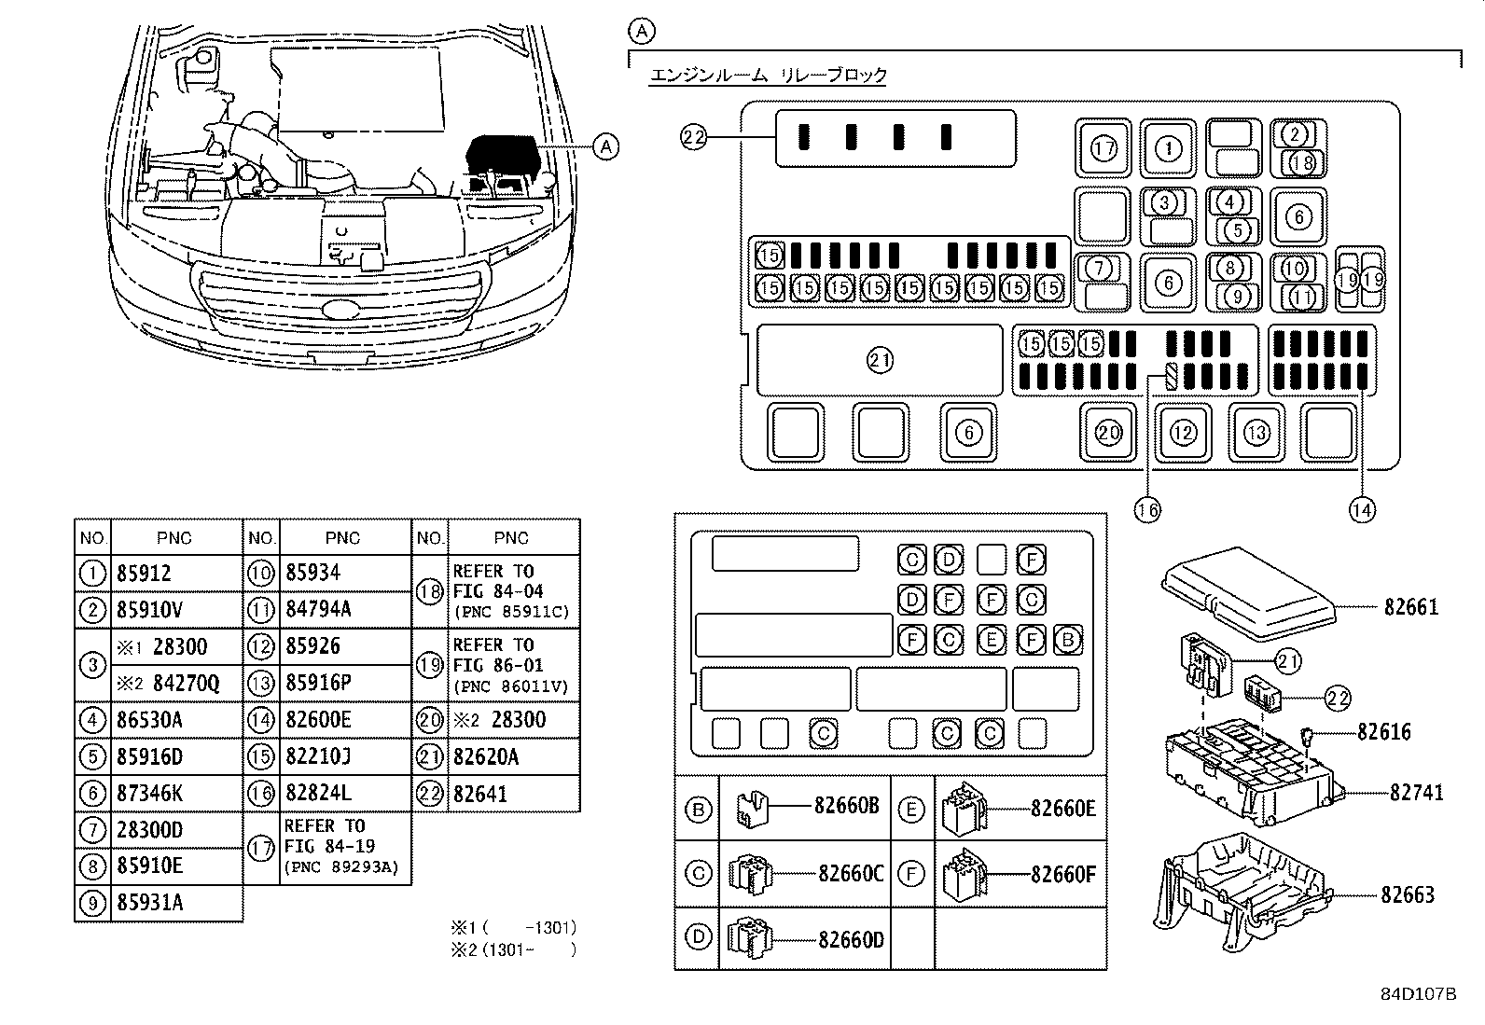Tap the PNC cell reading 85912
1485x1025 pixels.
pyautogui.click(x=145, y=574)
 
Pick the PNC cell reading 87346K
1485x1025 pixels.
pyautogui.click(x=149, y=794)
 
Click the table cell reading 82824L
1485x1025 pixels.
pyautogui.click(x=318, y=794)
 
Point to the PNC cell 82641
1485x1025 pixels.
pyautogui.click(x=480, y=794)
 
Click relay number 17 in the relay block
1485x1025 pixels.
pyautogui.click(x=1103, y=148)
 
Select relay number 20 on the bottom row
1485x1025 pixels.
pyautogui.click(x=1108, y=433)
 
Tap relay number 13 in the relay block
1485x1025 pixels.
pyautogui.click(x=1256, y=433)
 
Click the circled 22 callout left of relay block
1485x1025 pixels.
pyautogui.click(x=693, y=138)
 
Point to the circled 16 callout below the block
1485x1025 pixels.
pyautogui.click(x=1147, y=509)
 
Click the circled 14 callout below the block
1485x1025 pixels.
pyautogui.click(x=1362, y=509)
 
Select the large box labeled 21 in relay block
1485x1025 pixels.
pyautogui.click(x=880, y=360)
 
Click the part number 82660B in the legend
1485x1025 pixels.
pyautogui.click(x=846, y=807)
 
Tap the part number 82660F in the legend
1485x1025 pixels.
pyautogui.click(x=1062, y=874)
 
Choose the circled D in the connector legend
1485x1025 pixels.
pyautogui.click(x=698, y=937)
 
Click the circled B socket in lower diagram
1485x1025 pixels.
pyautogui.click(x=1067, y=640)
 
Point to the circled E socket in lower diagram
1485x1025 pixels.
pyautogui.click(x=991, y=640)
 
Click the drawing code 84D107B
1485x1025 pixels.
pyautogui.click(x=1418, y=994)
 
